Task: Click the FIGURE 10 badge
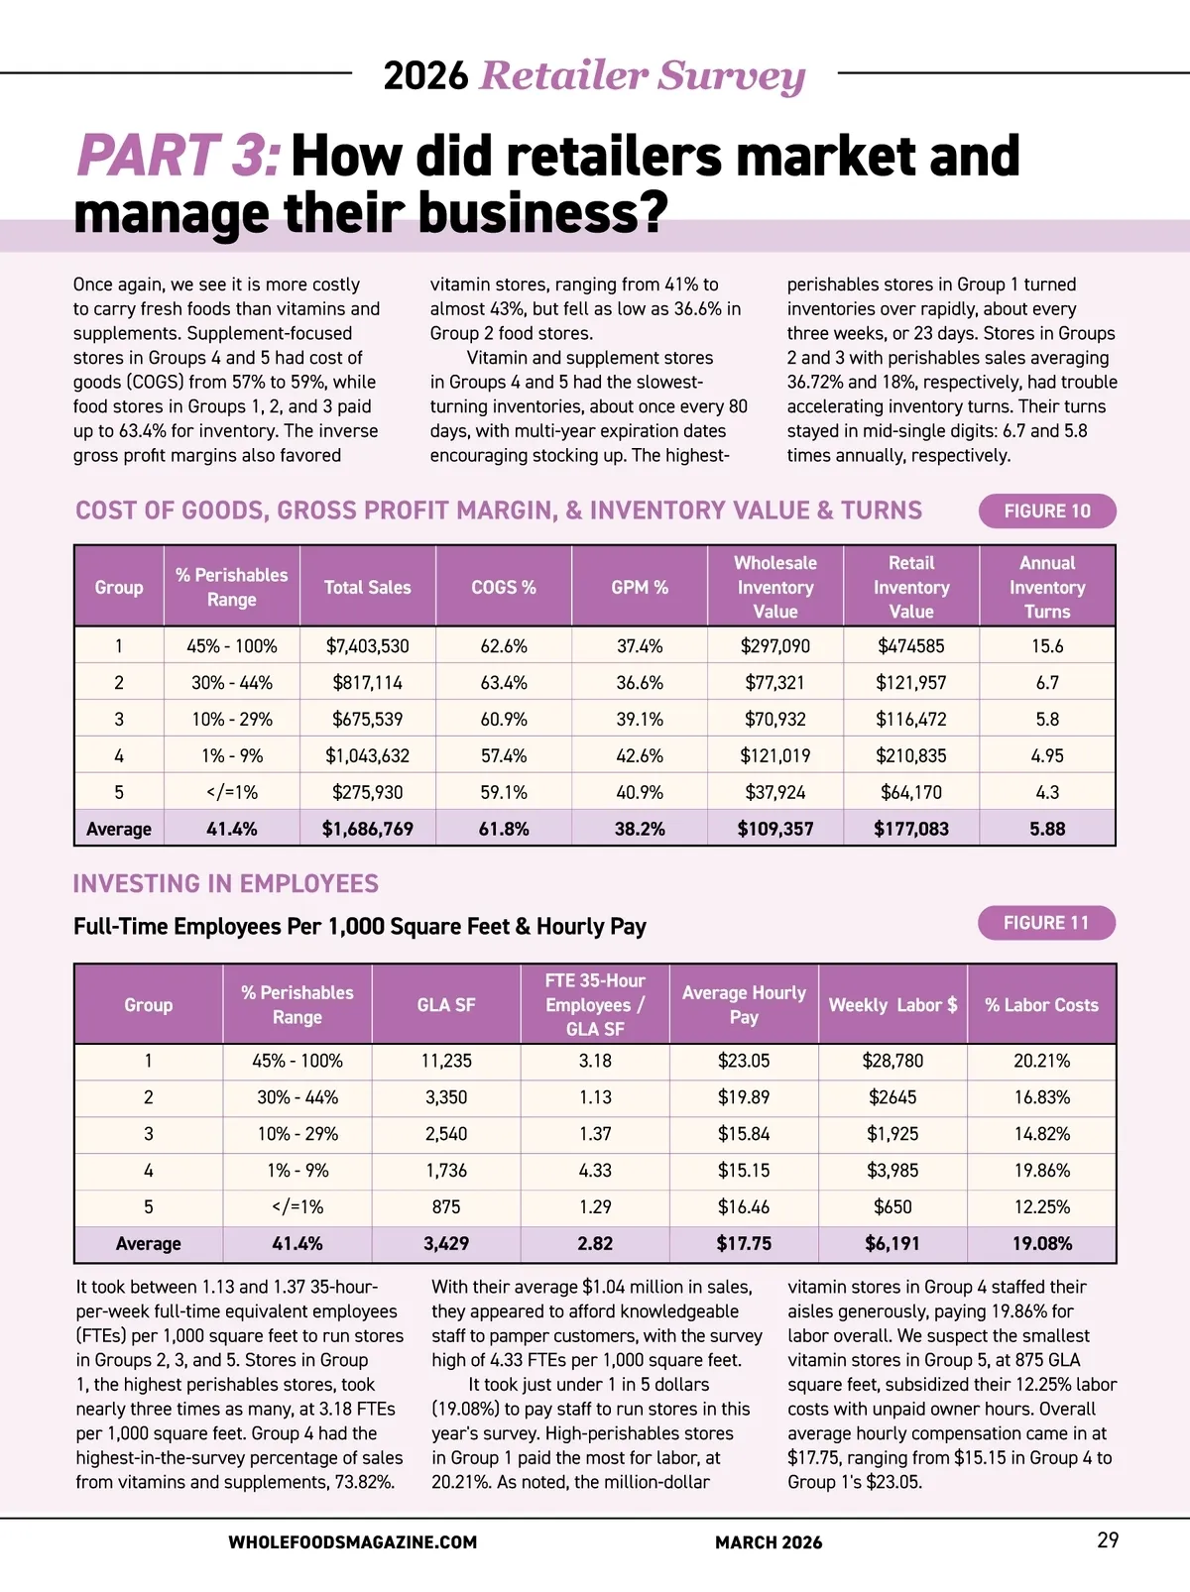click(1047, 512)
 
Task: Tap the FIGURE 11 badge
click(1046, 923)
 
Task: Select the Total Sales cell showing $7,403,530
click(367, 646)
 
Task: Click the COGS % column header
click(504, 587)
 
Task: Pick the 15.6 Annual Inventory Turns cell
click(1047, 646)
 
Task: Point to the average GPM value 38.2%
click(640, 829)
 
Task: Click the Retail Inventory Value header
click(911, 587)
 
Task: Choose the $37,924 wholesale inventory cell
click(775, 792)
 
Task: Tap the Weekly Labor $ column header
click(892, 1005)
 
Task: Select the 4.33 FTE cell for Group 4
click(595, 1171)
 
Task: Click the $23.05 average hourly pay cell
click(744, 1061)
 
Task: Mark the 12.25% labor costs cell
click(1041, 1207)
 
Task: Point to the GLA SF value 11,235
click(446, 1061)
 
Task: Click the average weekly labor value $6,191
click(892, 1244)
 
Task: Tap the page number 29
click(1108, 1540)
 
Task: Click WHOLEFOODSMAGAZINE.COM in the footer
click(352, 1542)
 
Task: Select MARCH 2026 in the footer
click(769, 1542)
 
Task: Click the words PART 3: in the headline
click(178, 157)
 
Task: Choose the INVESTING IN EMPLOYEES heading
click(226, 884)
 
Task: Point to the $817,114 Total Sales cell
click(367, 683)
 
